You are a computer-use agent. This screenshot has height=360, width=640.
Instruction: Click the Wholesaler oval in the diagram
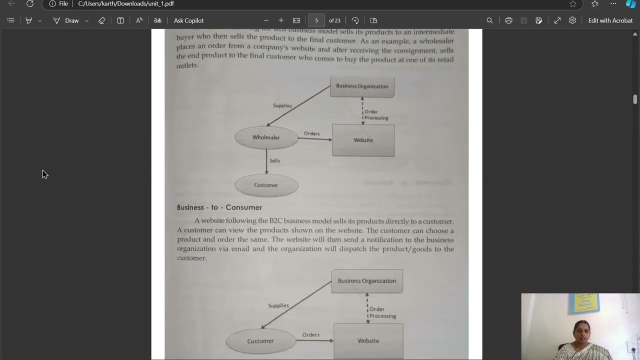266,137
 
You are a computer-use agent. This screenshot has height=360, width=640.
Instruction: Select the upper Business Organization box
362,86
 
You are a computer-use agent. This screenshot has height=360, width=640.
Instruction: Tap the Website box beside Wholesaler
363,140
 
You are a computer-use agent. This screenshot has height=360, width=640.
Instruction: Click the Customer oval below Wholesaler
266,185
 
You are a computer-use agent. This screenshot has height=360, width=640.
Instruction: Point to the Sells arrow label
274,160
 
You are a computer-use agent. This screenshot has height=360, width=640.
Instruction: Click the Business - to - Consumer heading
219,207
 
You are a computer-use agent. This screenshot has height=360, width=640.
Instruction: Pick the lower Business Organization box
366,281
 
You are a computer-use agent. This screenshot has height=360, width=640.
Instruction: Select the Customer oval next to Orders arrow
260,341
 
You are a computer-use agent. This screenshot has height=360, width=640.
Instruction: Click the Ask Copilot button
188,20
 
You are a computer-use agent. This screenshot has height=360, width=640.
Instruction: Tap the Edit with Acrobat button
610,20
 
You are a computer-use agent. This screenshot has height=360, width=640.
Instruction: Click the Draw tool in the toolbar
71,20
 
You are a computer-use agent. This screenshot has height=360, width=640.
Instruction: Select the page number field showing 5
316,20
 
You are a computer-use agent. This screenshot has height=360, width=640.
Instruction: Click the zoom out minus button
266,20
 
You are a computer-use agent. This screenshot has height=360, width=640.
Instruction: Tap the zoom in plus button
281,20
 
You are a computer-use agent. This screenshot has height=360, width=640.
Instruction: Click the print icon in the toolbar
508,20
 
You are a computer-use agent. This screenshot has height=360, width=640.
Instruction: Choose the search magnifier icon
489,20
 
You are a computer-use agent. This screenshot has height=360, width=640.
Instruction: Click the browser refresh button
30,4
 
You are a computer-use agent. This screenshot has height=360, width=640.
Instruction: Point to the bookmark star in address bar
573,4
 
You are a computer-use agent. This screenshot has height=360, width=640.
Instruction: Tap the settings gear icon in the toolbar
572,20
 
